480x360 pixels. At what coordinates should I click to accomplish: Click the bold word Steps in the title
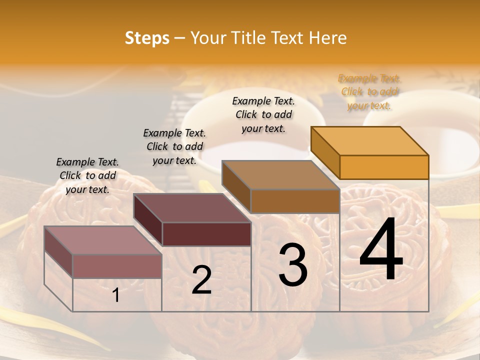tap(147, 38)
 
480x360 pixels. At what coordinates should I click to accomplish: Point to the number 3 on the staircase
tap(293, 265)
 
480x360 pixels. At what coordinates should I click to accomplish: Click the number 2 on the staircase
tap(201, 280)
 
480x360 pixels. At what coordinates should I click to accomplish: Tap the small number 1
tap(116, 295)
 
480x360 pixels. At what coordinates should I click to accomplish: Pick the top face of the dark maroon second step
tap(192, 208)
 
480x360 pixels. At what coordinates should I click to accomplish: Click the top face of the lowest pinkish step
tap(103, 240)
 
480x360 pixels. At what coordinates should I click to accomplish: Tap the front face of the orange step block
tap(384, 167)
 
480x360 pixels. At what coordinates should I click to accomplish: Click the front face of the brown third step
tap(295, 201)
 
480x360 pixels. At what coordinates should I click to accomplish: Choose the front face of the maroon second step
tap(206, 234)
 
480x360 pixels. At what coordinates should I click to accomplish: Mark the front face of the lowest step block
tap(117, 266)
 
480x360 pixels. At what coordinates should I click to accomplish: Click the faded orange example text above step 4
tap(369, 92)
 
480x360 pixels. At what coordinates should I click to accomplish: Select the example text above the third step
tap(263, 114)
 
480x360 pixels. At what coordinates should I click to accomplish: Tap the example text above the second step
tap(174, 146)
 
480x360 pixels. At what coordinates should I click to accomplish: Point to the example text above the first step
tap(87, 175)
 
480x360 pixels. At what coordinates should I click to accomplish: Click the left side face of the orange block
tap(325, 153)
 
